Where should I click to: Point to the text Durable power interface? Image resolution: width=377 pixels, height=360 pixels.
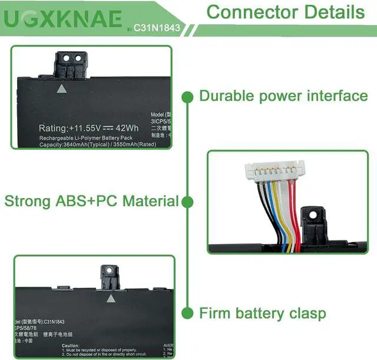283,95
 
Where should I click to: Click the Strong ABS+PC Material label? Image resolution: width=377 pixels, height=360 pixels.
91,201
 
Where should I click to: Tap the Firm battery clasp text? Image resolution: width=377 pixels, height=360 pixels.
262,313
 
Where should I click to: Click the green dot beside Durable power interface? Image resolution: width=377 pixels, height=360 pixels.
188,96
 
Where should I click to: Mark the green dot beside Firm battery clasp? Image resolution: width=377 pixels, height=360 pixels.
188,313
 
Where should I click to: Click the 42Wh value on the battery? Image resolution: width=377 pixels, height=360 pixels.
127,128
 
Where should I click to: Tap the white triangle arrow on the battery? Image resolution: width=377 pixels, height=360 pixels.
61,89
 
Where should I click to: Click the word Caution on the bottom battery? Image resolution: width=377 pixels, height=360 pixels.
70,346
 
